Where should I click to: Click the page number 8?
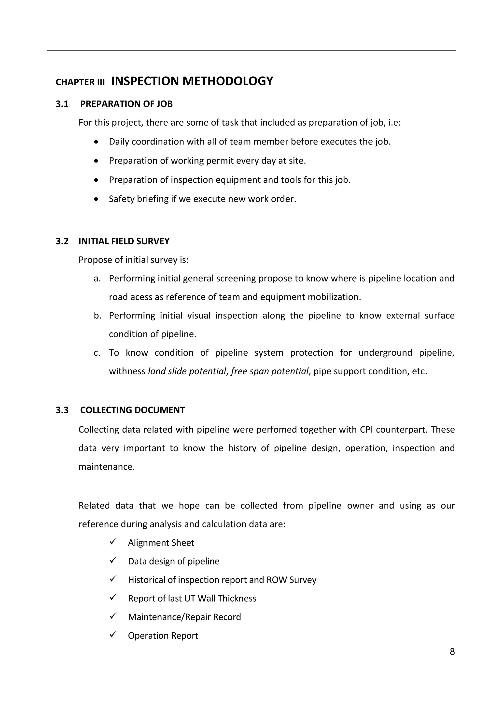click(x=452, y=652)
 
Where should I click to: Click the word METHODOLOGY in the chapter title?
click(x=227, y=81)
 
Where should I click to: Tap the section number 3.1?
click(x=62, y=104)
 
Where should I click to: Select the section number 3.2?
click(x=62, y=241)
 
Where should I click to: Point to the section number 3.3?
click(x=62, y=410)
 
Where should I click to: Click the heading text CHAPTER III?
click(x=80, y=82)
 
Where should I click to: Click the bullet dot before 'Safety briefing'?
click(x=96, y=199)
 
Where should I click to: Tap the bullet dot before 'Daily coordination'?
click(x=96, y=142)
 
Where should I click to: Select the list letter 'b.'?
click(x=98, y=315)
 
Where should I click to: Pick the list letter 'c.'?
click(x=97, y=353)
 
